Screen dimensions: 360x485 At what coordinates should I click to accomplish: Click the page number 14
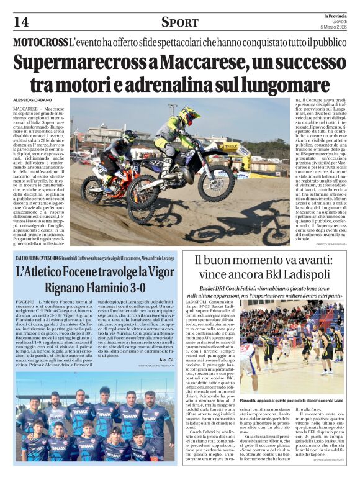(x=20, y=22)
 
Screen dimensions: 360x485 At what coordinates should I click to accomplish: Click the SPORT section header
(x=179, y=22)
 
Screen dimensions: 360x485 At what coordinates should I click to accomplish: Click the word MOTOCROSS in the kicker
(x=40, y=42)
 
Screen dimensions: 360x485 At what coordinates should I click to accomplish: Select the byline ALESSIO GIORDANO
(x=34, y=100)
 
